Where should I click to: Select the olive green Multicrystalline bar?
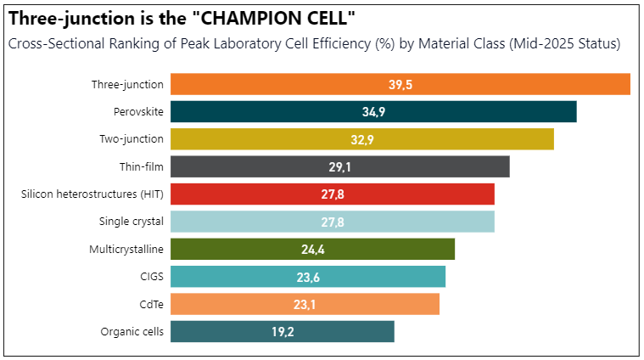[382, 250]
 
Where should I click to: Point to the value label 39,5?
[400, 85]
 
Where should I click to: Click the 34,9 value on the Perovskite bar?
[373, 112]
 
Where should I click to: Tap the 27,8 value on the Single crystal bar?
[333, 222]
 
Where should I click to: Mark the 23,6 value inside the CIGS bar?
[308, 277]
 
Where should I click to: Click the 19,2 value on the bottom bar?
[283, 332]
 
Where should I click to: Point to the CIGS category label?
[150, 277]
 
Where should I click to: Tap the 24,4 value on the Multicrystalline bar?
[313, 250]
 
